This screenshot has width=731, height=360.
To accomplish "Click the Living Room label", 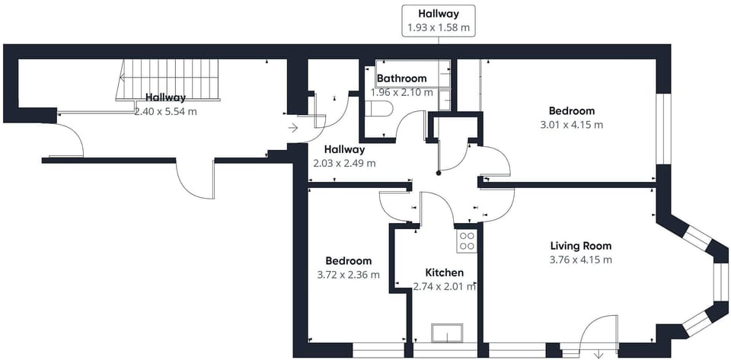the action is coord(580,246).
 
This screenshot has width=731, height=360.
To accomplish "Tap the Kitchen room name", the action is coord(445,272).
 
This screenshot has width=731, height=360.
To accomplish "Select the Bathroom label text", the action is coord(402,78).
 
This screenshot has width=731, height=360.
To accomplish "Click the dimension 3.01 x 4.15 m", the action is coord(572,125).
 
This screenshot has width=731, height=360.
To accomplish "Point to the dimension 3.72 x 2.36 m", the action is coord(348,275).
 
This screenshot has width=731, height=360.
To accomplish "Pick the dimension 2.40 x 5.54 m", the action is coord(165,112).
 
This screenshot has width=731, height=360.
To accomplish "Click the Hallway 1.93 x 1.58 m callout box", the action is coord(439,21).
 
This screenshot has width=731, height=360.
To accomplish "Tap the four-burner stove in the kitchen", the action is coord(467,241).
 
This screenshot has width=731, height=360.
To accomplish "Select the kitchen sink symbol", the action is coord(447,333).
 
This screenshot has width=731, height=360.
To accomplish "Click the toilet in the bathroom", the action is coord(379,109).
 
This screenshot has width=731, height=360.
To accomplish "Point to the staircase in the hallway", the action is coord(168,79).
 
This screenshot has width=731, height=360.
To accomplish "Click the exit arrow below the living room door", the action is coord(598,355).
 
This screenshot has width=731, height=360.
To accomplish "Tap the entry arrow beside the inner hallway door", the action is coord(292,128).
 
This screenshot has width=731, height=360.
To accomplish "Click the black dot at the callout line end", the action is coord(439,174).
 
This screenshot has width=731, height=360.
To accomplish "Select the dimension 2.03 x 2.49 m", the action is coord(344,164).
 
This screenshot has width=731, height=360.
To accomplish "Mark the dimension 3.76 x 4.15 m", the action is coord(580,260).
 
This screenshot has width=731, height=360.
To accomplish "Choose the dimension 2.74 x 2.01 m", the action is coord(445,286).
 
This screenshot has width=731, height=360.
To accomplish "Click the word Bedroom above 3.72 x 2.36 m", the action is coord(349,261).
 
